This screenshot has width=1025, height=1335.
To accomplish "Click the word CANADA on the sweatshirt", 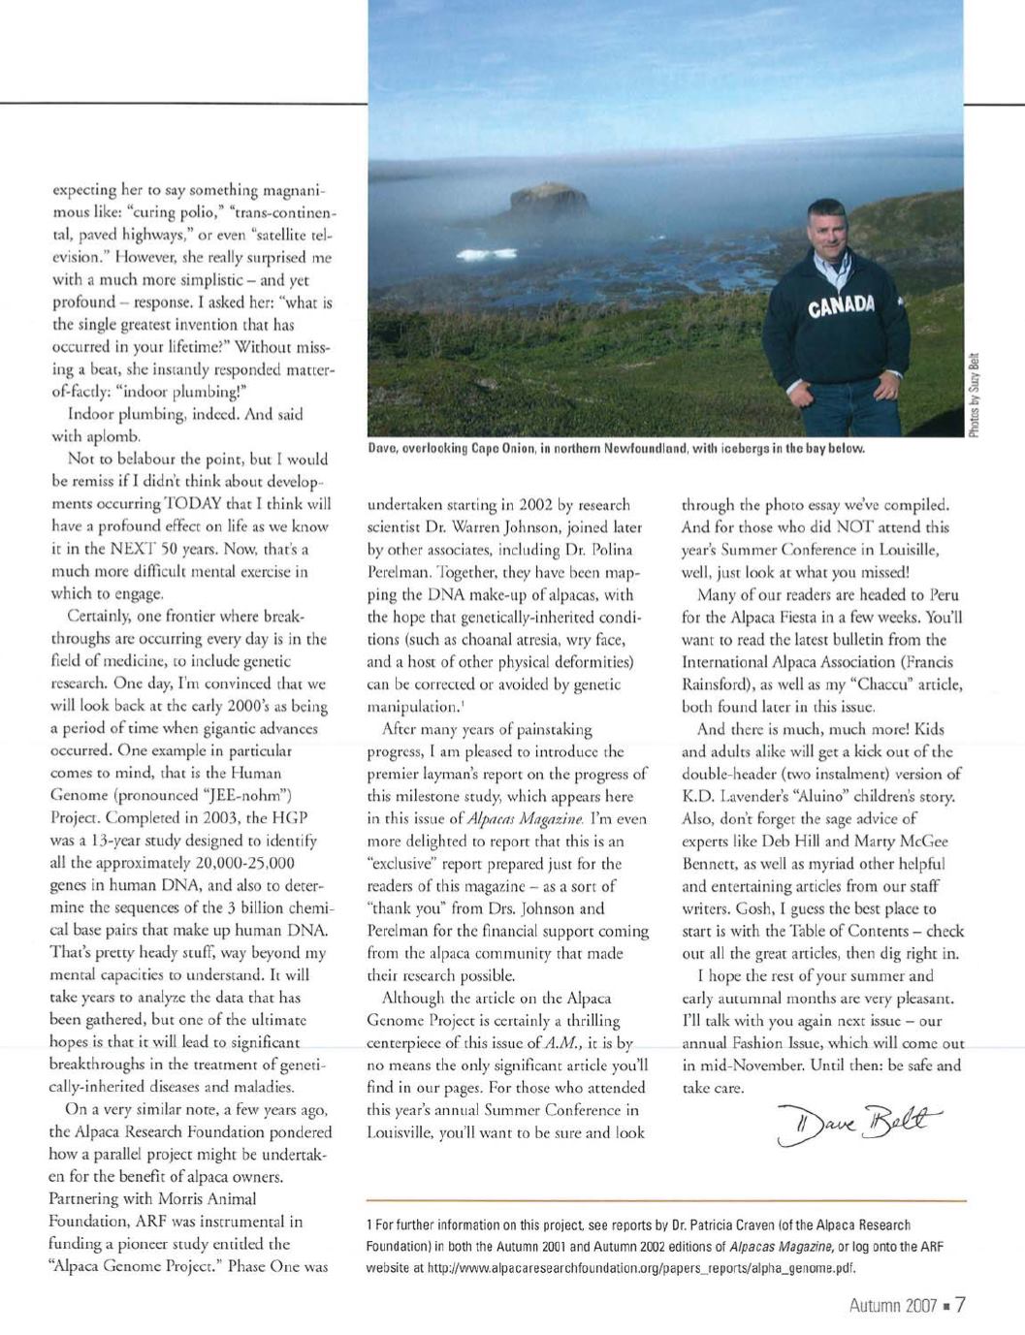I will click(x=841, y=307).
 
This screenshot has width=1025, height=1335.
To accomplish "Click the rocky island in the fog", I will click(x=550, y=201).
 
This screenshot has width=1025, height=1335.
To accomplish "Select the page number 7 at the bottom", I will click(x=959, y=1304).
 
